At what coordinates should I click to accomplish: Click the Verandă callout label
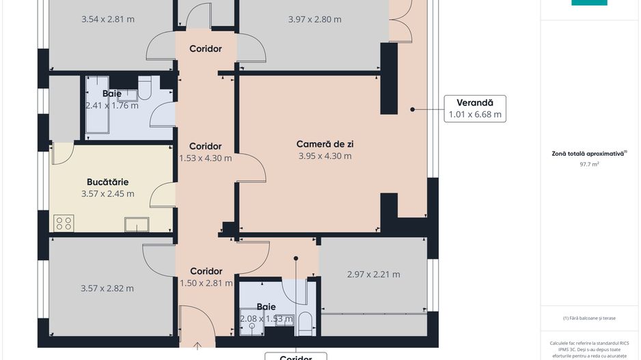(x=475, y=102)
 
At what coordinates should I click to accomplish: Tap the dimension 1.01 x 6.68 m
(x=475, y=115)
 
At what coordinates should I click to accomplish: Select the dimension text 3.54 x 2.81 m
(x=107, y=19)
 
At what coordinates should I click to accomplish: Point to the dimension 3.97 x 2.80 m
(x=314, y=19)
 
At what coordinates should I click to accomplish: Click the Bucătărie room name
(x=107, y=182)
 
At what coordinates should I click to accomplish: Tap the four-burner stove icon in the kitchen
(x=64, y=222)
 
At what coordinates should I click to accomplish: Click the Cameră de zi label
(x=325, y=144)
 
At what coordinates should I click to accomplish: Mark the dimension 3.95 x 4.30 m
(x=325, y=156)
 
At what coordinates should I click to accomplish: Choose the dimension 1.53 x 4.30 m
(x=205, y=158)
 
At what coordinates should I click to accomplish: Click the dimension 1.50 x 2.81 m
(x=206, y=283)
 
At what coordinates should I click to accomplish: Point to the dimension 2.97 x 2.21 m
(x=373, y=275)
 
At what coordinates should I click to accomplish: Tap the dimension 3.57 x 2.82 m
(x=107, y=288)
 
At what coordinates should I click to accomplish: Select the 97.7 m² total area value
(x=589, y=165)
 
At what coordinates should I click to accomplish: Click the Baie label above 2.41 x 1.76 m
(x=112, y=94)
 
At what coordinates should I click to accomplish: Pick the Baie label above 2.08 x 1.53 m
(x=267, y=307)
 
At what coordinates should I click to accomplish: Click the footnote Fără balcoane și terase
(x=588, y=318)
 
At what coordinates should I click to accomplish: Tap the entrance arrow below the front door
(x=196, y=345)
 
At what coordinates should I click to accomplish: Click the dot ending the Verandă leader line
(x=412, y=109)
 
